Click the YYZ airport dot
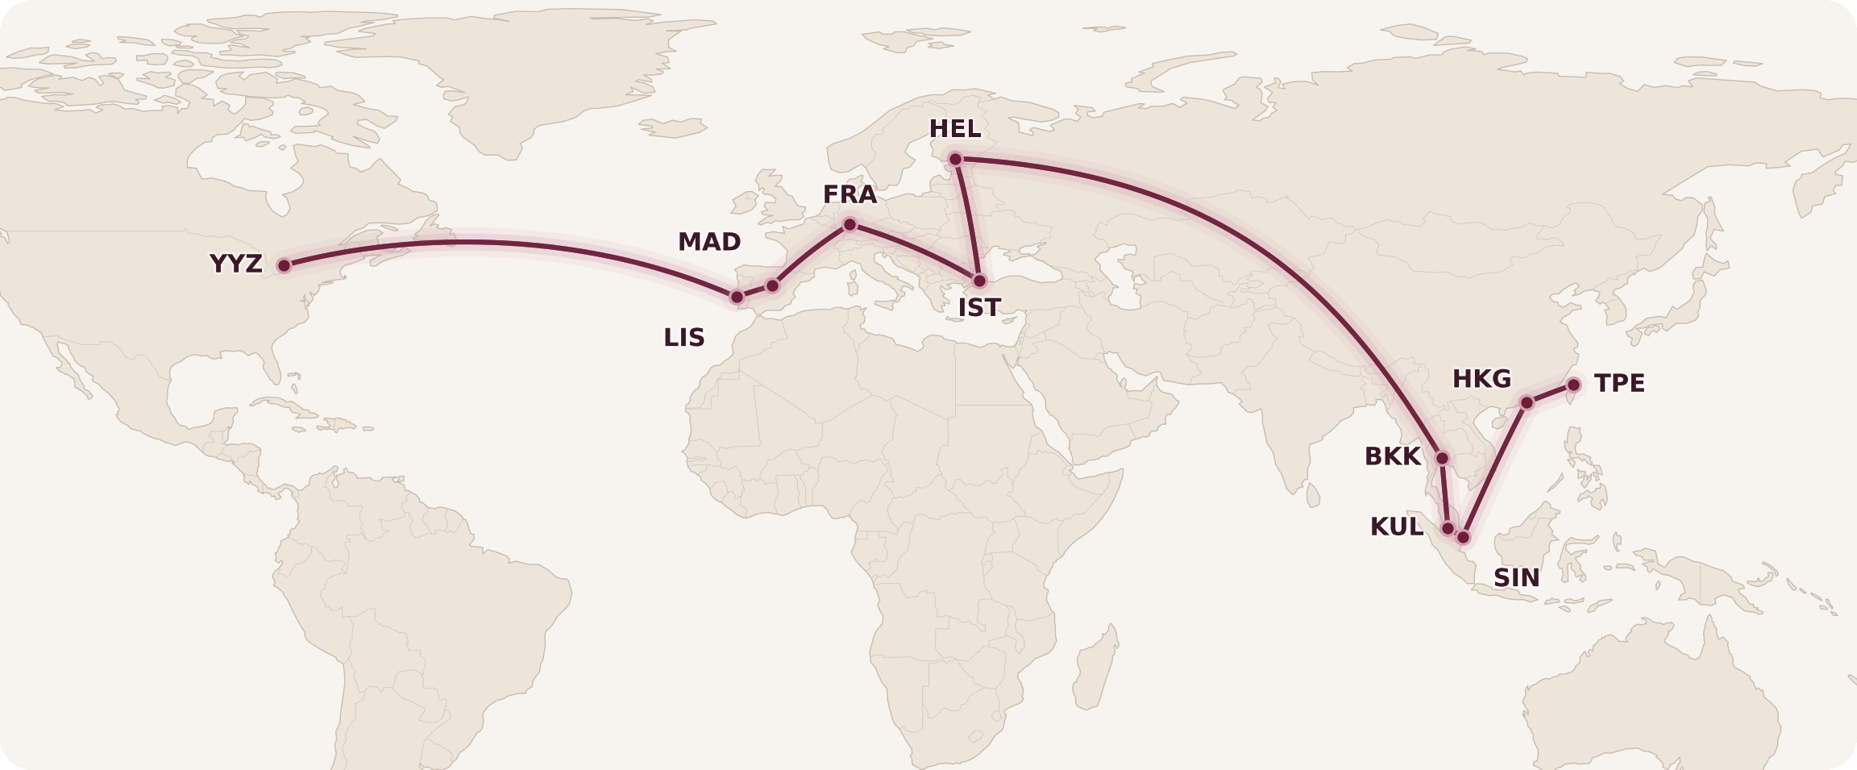(x=284, y=265)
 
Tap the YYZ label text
(x=235, y=264)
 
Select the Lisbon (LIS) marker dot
(x=737, y=297)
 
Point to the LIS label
(x=684, y=338)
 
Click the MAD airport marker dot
(x=773, y=285)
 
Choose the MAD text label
(x=709, y=242)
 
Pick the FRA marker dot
(x=850, y=224)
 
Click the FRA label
(x=850, y=194)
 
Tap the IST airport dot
(x=979, y=281)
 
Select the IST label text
(x=979, y=308)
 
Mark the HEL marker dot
(x=955, y=159)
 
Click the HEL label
(x=955, y=129)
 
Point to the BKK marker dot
(x=1443, y=458)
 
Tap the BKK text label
(x=1392, y=456)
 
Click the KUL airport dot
(x=1448, y=528)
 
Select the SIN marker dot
(x=1464, y=537)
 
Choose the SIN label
(x=1516, y=578)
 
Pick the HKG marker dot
(x=1527, y=402)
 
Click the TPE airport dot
(x=1573, y=385)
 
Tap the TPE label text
(x=1619, y=383)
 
